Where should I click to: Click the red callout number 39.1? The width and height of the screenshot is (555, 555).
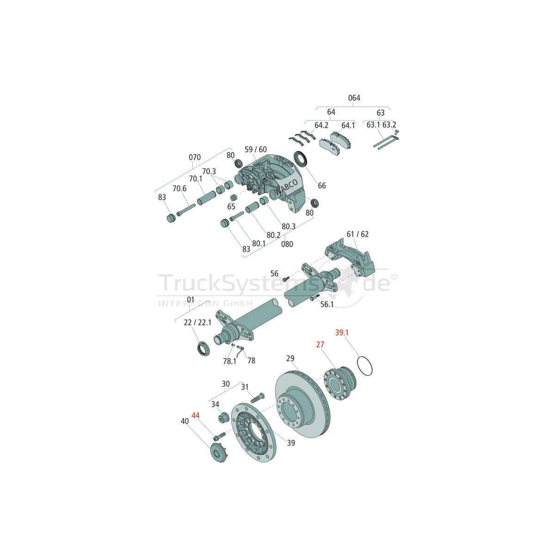[x=342, y=333]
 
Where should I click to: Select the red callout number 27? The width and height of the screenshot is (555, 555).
[x=320, y=345]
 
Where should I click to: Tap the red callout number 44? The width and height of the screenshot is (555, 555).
[x=195, y=416]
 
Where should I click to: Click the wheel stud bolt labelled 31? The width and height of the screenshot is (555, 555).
[x=257, y=397]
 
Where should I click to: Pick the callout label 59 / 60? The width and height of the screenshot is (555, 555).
[x=256, y=149]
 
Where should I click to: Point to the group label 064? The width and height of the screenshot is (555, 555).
[x=354, y=98]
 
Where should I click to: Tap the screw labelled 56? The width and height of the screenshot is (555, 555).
[x=286, y=279]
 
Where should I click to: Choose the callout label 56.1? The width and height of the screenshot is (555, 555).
[x=327, y=304]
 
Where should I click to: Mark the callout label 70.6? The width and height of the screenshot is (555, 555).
[x=179, y=188]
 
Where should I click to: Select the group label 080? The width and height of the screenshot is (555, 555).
[x=287, y=244]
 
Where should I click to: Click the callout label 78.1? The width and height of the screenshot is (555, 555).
[x=229, y=361]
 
